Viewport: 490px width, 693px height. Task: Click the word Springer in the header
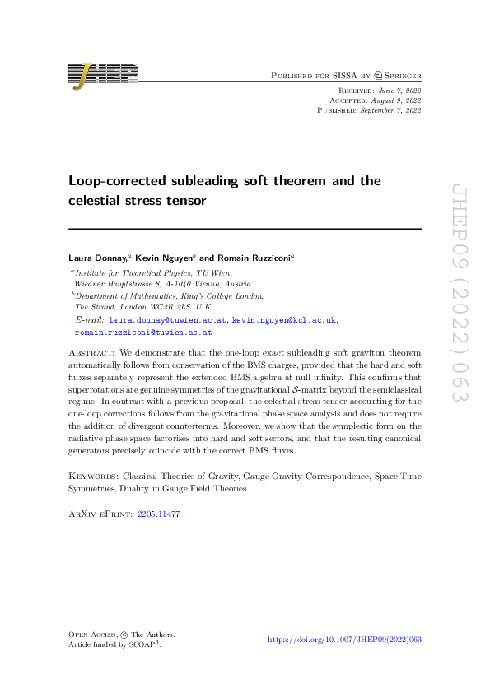click(398, 75)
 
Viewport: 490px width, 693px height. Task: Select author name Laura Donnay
click(96, 258)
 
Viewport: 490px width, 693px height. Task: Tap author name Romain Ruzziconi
click(250, 258)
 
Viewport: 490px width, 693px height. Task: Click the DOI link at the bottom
click(345, 640)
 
